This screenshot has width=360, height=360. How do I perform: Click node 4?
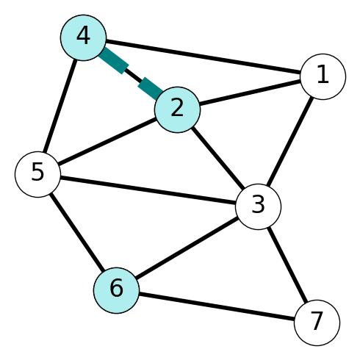pos(84,37)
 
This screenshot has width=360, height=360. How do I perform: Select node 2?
pos(177,109)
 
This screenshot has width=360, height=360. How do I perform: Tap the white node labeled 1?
pos(323,76)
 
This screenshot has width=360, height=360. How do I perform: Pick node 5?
pos(37,174)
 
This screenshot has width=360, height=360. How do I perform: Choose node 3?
pos(258,207)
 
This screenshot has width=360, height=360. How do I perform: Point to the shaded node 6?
pos(116,290)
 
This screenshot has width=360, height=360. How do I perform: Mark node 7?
pos(317,323)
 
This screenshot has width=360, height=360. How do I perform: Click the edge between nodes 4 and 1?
pos(204,57)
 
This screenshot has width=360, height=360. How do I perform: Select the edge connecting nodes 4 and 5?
pos(60,106)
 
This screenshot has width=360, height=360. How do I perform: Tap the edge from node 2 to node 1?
pos(250,93)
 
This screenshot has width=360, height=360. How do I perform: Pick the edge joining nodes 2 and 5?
pos(107,142)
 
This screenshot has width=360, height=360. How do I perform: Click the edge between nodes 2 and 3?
pos(217,158)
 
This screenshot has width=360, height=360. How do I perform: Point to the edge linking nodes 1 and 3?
pos(290,142)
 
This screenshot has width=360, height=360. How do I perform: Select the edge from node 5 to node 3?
pos(148,190)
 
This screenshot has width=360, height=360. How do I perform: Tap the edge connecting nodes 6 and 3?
pos(187,248)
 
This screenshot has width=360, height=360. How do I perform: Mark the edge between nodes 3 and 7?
pos(287,264)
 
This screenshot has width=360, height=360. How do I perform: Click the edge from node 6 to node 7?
pos(217,306)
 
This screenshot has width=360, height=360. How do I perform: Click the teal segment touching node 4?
pos(114,60)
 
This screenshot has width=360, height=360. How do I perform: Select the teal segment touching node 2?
pos(151,89)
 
